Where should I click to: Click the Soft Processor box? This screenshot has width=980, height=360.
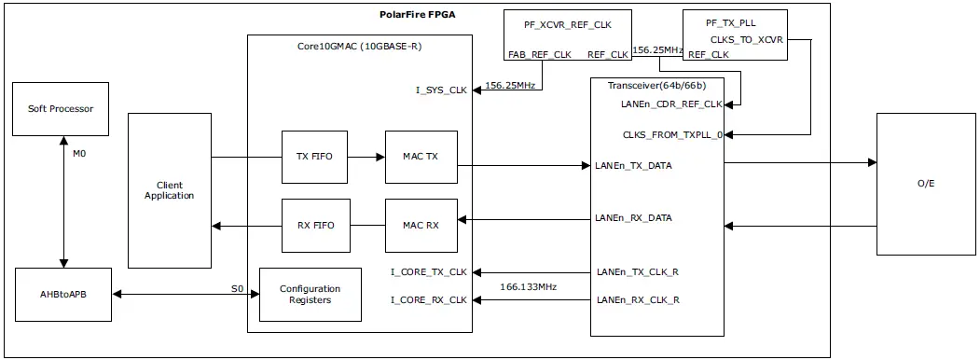pyautogui.click(x=61, y=109)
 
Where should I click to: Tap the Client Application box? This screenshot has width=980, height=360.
pyautogui.click(x=170, y=190)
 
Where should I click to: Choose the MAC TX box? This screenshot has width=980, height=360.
pyautogui.click(x=421, y=156)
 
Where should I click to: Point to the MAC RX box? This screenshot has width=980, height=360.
pyautogui.click(x=421, y=225)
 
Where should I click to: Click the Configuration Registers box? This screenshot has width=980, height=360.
pyautogui.click(x=310, y=295)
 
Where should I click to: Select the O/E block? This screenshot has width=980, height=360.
pyautogui.click(x=926, y=184)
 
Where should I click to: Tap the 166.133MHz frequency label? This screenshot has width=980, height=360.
pyautogui.click(x=529, y=286)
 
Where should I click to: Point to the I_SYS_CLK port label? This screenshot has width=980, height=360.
pyautogui.click(x=441, y=90)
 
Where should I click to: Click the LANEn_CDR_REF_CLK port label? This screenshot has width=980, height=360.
pyautogui.click(x=671, y=104)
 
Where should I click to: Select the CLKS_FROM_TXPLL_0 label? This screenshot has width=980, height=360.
pyautogui.click(x=672, y=134)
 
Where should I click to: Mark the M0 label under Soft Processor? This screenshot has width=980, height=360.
pyautogui.click(x=79, y=153)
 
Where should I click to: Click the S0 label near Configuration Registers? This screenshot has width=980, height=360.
pyautogui.click(x=237, y=289)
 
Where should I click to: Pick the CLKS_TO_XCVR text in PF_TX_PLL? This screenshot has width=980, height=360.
pyautogui.click(x=747, y=39)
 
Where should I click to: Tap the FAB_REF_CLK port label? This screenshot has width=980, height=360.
pyautogui.click(x=539, y=54)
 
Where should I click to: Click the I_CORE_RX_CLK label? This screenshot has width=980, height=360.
pyautogui.click(x=428, y=299)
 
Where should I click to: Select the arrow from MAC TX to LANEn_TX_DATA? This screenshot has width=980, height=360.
pyautogui.click(x=522, y=166)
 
